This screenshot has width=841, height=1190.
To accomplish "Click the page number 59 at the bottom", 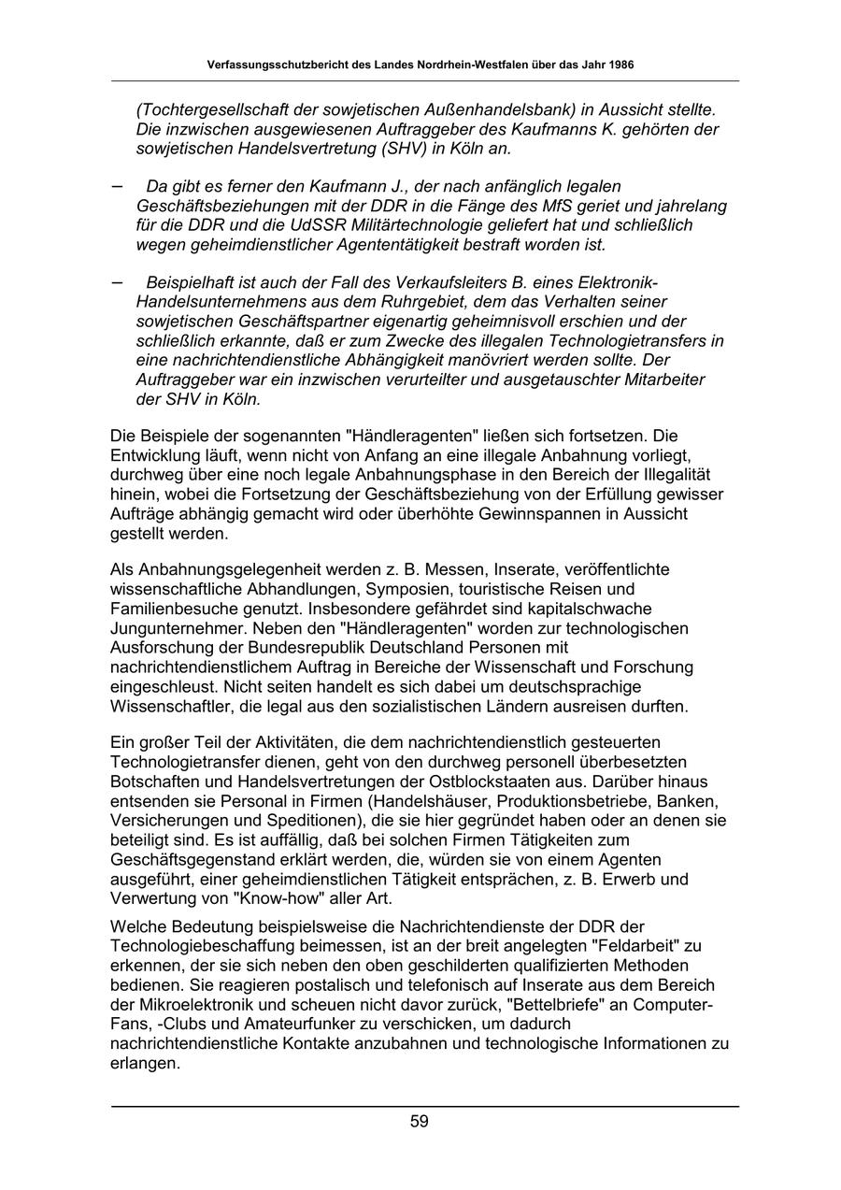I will click(420, 1122).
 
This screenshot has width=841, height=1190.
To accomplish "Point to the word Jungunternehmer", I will click(180, 627).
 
